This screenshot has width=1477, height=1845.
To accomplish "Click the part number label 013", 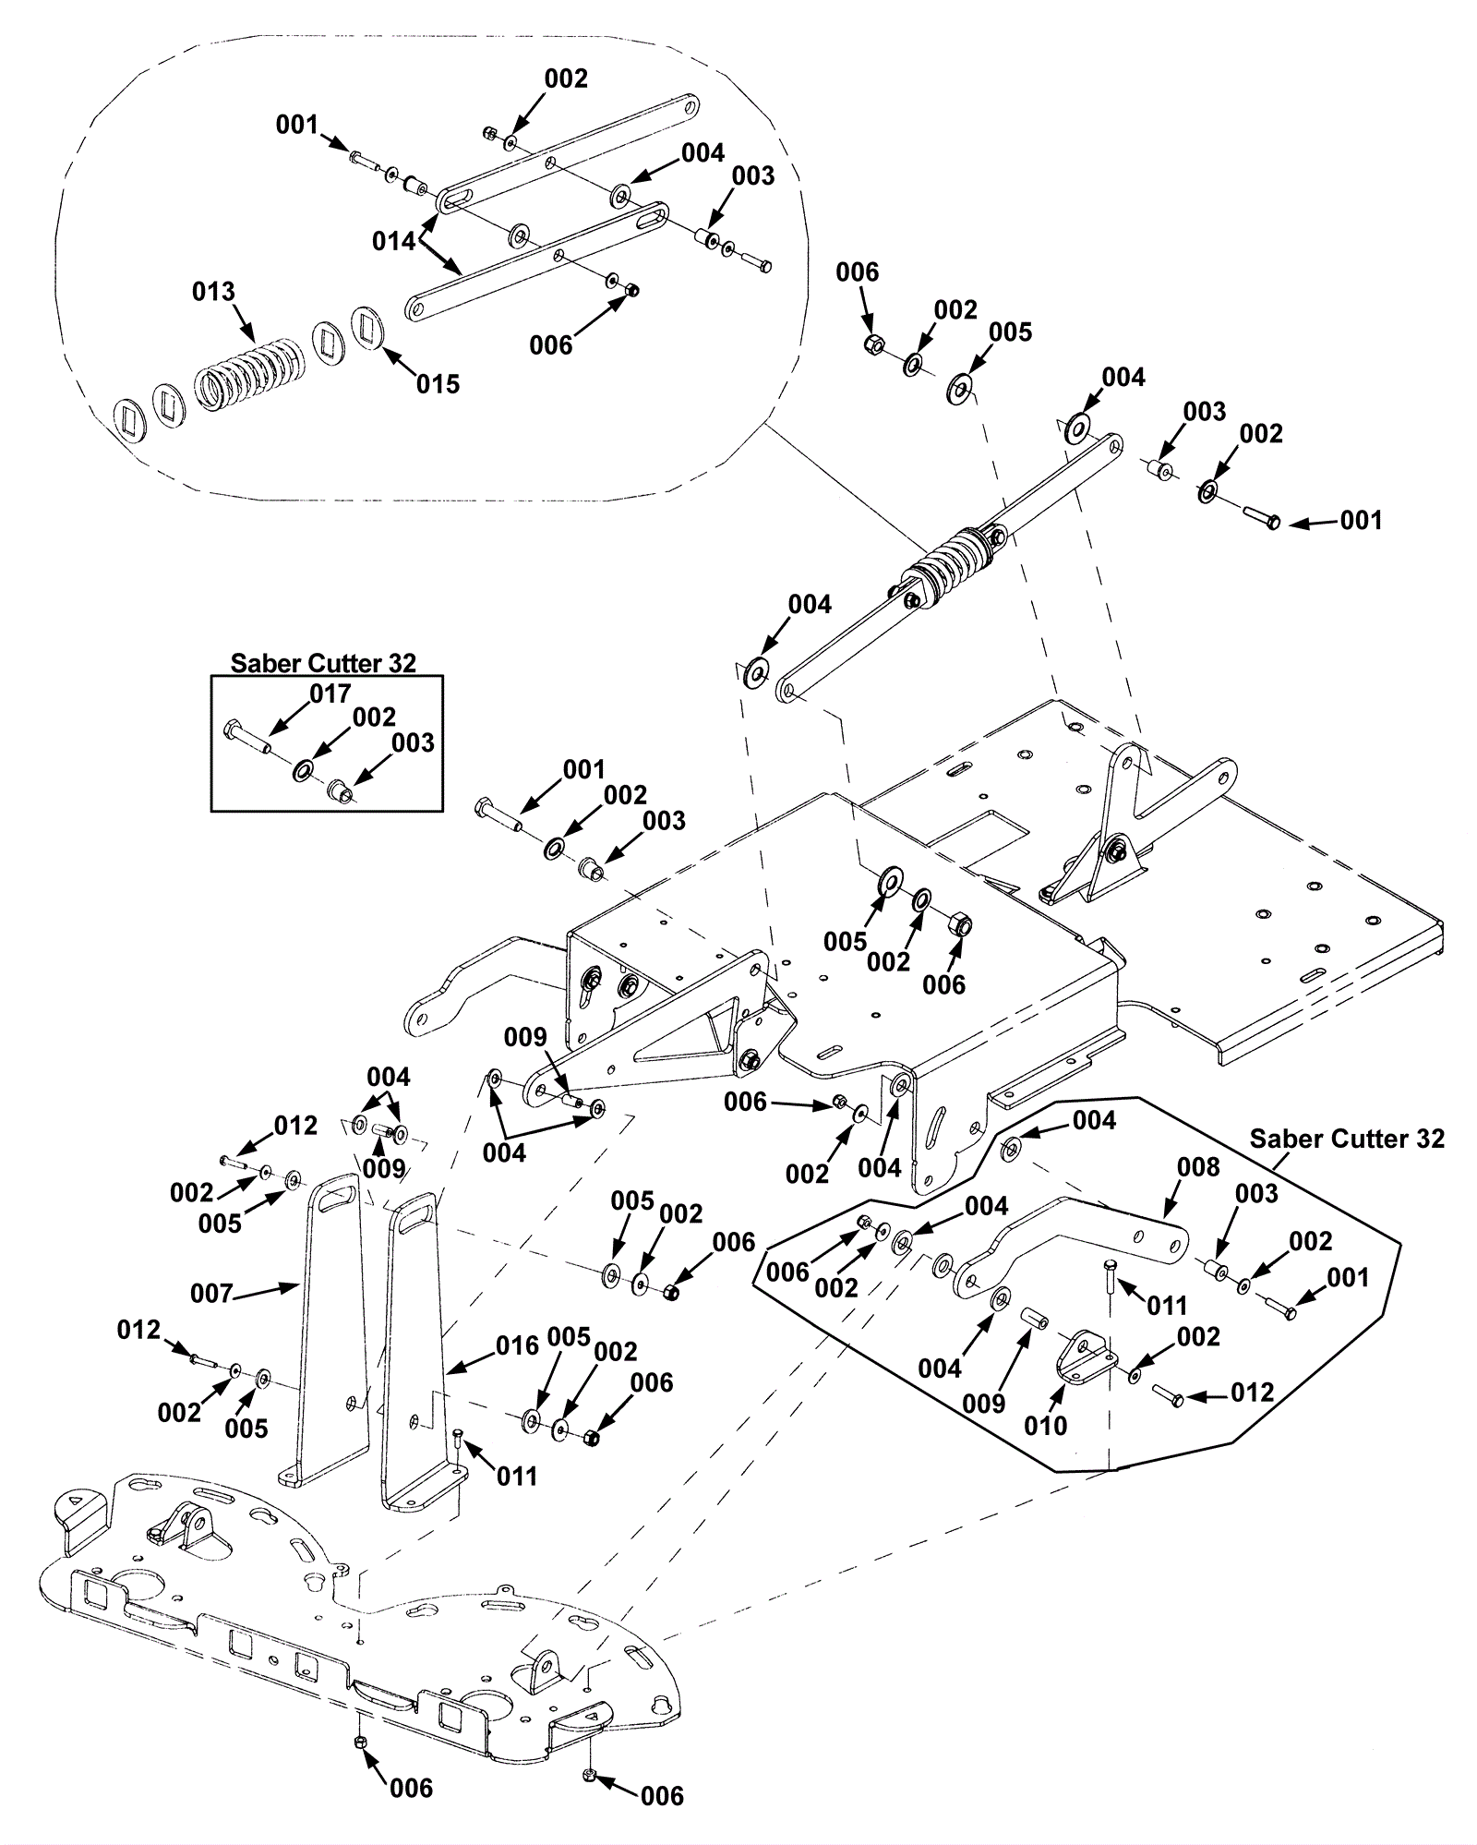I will [213, 292].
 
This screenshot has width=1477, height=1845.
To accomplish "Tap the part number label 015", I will [438, 384].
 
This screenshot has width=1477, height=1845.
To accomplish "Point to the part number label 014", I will [394, 242].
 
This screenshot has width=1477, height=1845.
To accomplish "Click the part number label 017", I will [330, 693].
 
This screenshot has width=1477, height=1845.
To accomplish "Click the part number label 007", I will [211, 1293].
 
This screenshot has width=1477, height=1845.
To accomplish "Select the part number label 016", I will [517, 1345].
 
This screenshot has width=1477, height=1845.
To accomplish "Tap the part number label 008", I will [1198, 1167].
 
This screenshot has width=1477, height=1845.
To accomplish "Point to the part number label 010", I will [1045, 1426].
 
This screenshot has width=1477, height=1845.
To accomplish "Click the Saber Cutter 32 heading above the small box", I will [323, 663].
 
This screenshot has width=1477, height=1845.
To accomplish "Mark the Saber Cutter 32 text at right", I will [1347, 1139].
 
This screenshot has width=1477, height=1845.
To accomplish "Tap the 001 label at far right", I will [1361, 521].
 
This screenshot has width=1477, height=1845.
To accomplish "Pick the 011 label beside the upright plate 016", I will [517, 1477].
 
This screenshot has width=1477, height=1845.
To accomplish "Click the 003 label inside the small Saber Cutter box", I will [413, 742].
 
